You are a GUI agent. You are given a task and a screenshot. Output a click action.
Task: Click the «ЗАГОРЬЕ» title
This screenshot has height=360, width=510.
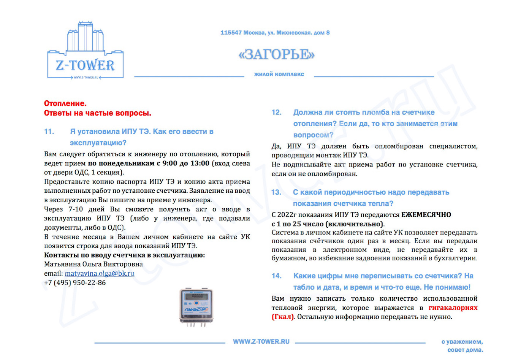click(276, 55)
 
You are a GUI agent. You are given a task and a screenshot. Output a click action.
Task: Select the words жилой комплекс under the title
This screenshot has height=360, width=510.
click(279, 74)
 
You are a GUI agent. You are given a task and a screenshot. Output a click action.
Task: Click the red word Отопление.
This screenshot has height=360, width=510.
click(65, 103)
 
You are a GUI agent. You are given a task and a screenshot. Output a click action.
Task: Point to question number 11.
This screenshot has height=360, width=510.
click(49, 132)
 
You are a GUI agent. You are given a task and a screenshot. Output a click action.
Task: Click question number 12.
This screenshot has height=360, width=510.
click(276, 113)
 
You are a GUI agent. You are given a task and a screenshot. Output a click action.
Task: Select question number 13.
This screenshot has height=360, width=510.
click(276, 192)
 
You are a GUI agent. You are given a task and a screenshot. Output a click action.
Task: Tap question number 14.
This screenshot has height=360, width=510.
click(276, 276)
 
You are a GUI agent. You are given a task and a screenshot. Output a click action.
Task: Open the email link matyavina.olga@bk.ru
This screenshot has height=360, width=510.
click(99, 273)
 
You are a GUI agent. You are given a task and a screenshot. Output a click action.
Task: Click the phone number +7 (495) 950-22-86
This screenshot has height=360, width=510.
click(75, 282)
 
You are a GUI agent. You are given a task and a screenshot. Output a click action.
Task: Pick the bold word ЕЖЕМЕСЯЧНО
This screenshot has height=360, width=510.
click(426, 215)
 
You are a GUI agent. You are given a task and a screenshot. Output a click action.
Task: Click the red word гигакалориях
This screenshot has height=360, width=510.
click(453, 308)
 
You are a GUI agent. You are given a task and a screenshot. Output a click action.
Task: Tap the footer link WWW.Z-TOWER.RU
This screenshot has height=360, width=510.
click(261, 342)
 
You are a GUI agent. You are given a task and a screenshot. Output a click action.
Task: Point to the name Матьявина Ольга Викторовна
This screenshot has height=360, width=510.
click(93, 264)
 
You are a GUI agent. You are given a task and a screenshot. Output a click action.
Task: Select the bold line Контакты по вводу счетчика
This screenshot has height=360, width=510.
click(124, 255)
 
